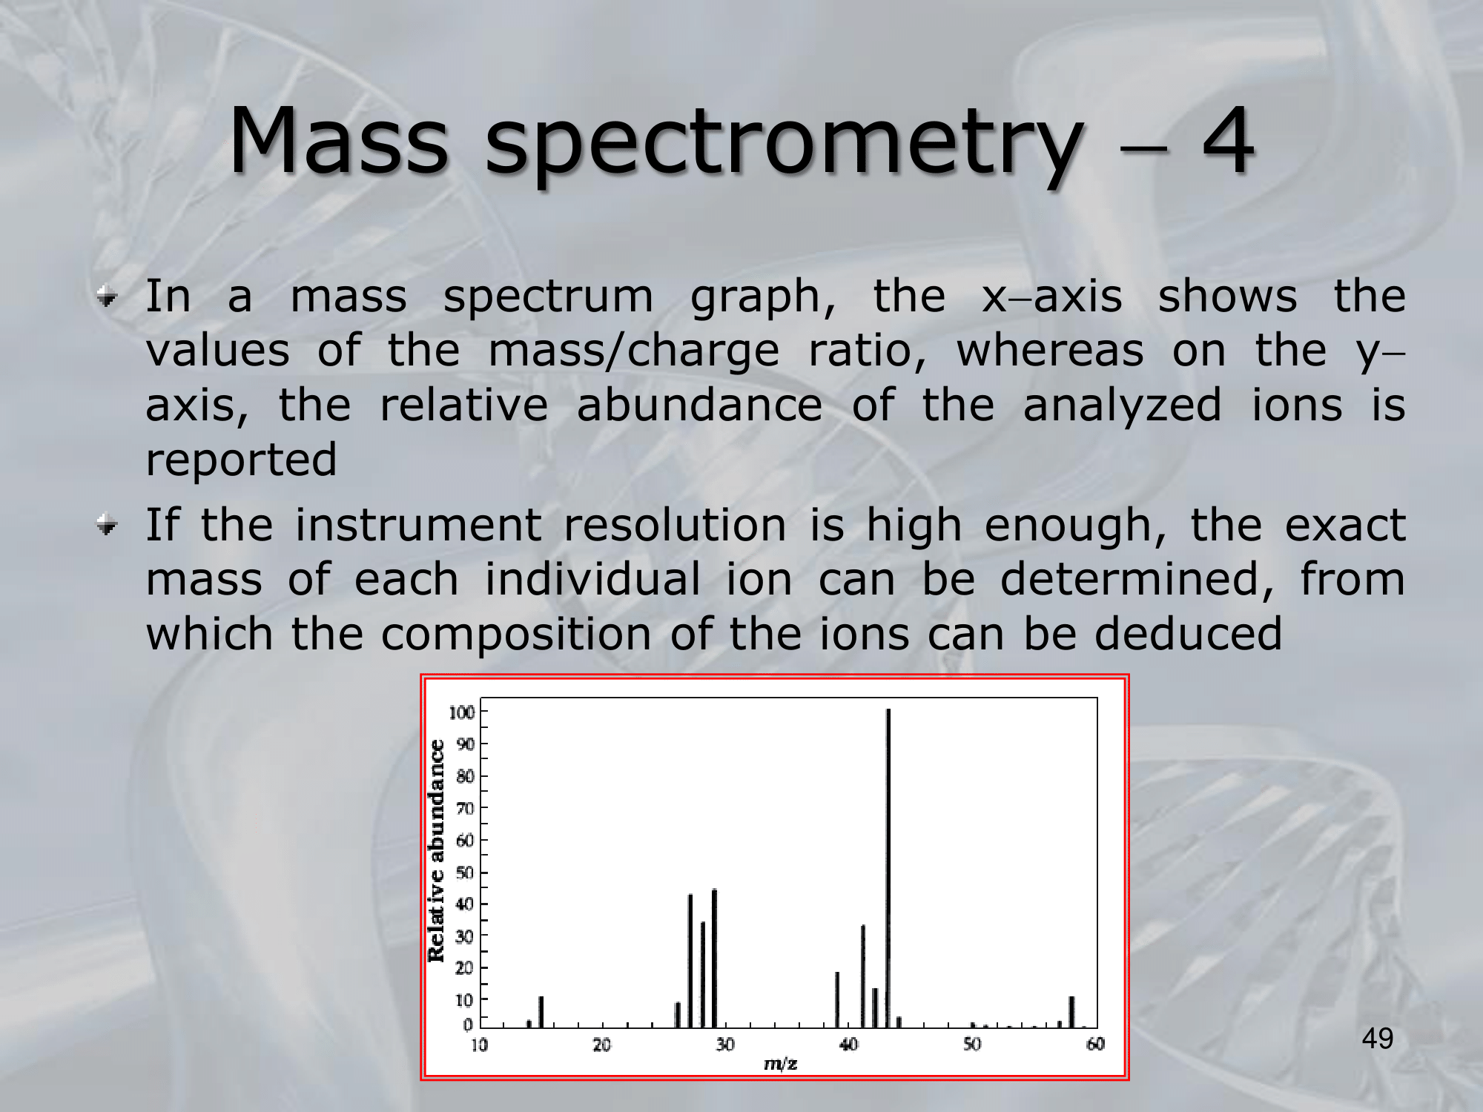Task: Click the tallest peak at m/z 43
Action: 888,868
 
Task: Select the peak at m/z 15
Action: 541,1012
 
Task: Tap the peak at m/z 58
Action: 1071,1012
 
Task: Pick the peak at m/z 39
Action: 837,1000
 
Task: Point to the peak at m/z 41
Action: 863,976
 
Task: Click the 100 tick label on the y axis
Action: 461,712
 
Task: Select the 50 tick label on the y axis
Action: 465,873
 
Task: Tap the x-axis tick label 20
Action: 601,1045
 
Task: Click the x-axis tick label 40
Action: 848,1045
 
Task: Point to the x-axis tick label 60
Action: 1095,1045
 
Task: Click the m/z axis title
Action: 780,1065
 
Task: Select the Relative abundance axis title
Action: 437,851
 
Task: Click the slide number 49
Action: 1378,1039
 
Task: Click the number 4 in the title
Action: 1228,140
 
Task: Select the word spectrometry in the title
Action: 783,146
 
